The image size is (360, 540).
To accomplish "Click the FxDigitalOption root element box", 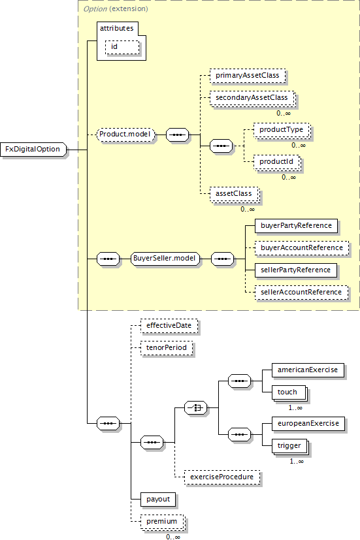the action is coord(33,150).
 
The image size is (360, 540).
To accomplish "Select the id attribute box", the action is coord(122,47).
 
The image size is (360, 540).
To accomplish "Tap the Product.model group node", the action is coord(125,135).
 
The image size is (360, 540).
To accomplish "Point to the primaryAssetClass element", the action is coord(248,76).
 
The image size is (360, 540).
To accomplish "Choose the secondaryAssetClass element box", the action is coord(252,98).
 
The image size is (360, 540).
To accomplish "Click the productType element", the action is coord(282,130).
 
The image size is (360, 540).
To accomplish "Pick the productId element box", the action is coord(277,162).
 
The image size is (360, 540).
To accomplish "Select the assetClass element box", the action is coord(235,194).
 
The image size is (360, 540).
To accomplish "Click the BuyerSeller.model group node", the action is coord(165,259).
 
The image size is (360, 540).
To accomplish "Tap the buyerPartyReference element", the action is coord(296,226).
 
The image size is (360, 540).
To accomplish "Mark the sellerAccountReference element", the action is coord(301,293).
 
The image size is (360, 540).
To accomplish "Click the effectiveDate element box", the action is coord(169,326).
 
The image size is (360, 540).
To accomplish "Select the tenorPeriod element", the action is coord(167,348).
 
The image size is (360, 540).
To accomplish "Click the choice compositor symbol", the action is coord(196,408).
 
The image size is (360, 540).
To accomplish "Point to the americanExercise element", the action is coord(308,370).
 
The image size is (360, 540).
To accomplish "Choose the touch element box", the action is coord(289,393).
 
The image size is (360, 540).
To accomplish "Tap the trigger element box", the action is coord(291,447).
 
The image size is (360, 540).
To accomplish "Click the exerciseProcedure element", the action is coord(222,477).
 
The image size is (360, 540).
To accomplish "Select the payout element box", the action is coord(158,500).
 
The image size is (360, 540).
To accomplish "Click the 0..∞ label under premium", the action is coord(173,537).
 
